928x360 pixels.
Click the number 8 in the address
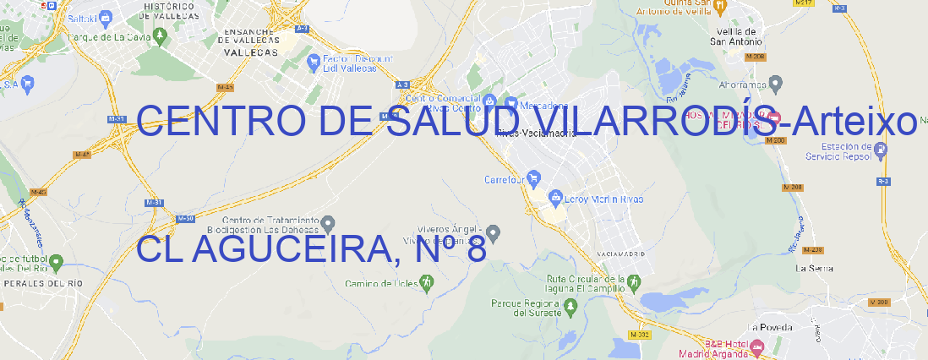476,249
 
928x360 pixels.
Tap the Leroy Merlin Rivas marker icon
555,199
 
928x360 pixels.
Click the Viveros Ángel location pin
495,232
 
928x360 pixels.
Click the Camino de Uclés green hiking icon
426,282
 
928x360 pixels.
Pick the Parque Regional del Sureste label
527,308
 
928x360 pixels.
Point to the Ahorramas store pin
776,83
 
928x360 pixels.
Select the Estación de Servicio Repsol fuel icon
882,150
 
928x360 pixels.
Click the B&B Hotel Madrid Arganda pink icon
758,347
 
